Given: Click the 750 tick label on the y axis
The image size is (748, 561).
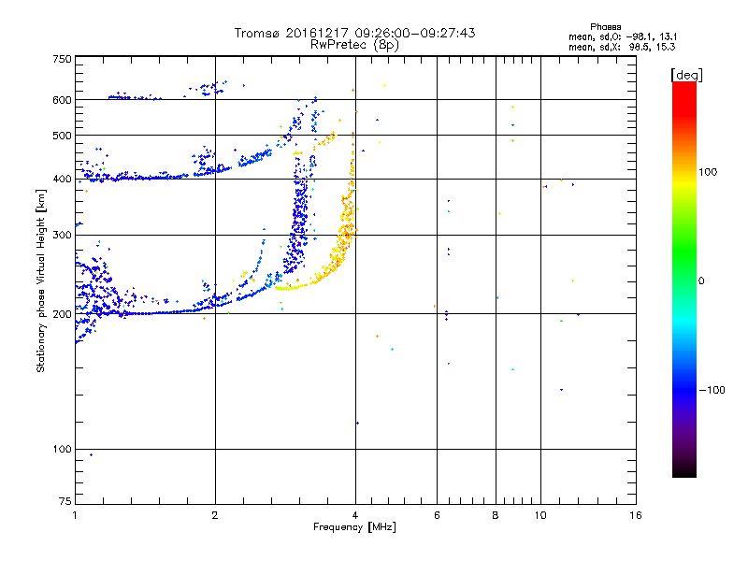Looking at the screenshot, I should point(62,59).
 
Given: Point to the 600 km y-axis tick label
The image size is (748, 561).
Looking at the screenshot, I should point(62,100).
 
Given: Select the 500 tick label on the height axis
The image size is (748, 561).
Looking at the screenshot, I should point(62,136).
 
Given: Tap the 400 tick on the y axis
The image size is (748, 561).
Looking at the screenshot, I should point(62,180).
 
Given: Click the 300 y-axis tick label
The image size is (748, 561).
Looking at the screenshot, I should point(62,236).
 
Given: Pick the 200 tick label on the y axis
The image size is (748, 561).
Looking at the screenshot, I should point(62,314).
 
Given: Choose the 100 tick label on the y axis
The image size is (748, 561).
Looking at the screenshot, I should point(62,450).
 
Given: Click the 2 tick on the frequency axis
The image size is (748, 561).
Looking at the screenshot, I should point(215,514).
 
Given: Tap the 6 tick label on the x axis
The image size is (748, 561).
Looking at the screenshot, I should point(437,514).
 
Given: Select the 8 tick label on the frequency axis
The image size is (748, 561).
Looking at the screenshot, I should point(496,514).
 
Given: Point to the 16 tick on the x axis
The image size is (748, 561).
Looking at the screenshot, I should point(635,514).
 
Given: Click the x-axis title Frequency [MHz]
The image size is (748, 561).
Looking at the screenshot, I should point(354,528).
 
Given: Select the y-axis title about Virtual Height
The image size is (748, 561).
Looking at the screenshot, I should point(41,280).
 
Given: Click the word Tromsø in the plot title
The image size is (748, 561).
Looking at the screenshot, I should point(259,33).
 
